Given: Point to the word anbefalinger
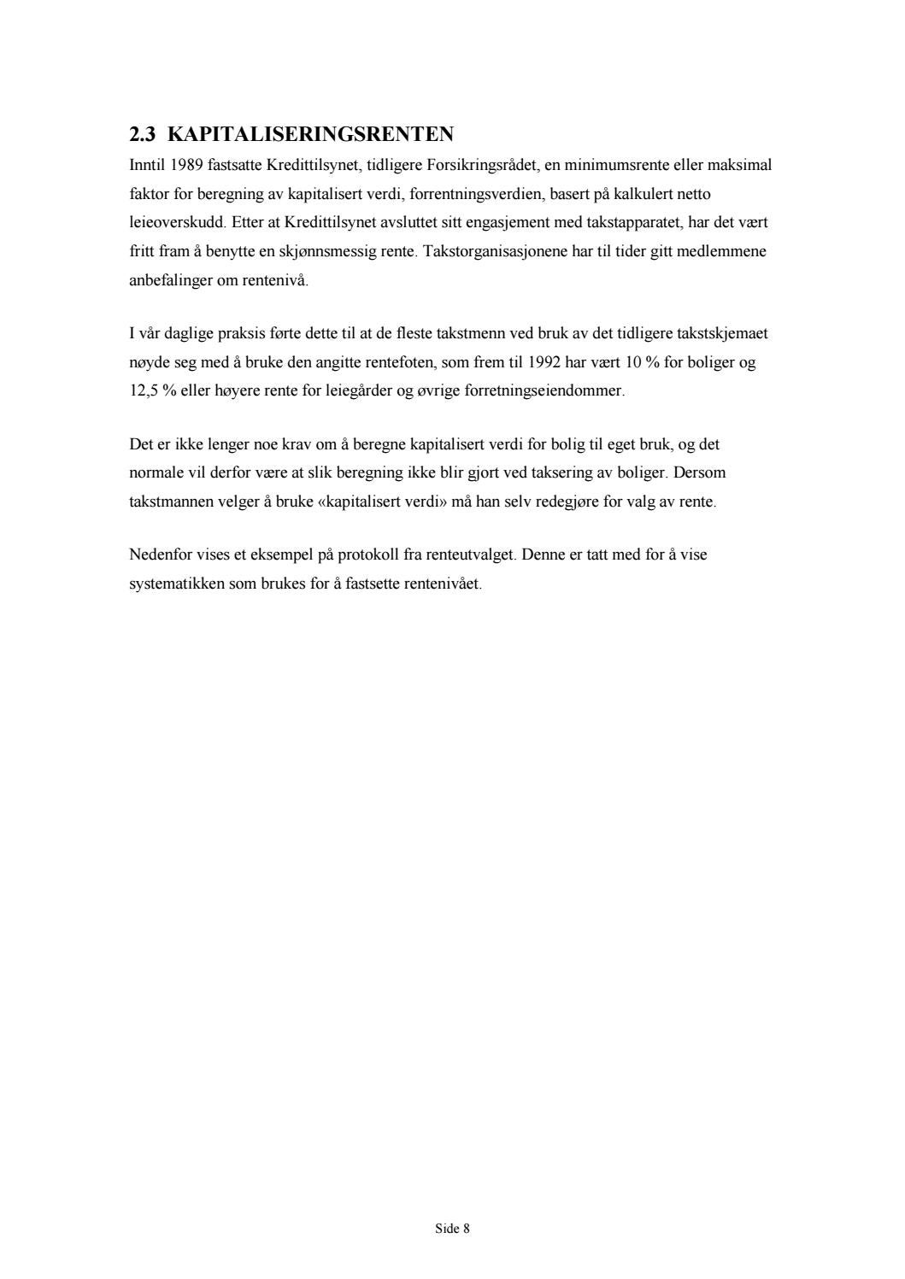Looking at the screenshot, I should (x=167, y=280).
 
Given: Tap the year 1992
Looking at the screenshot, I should (x=544, y=362).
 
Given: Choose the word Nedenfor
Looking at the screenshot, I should (x=159, y=554).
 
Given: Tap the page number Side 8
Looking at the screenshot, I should (x=452, y=1229).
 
